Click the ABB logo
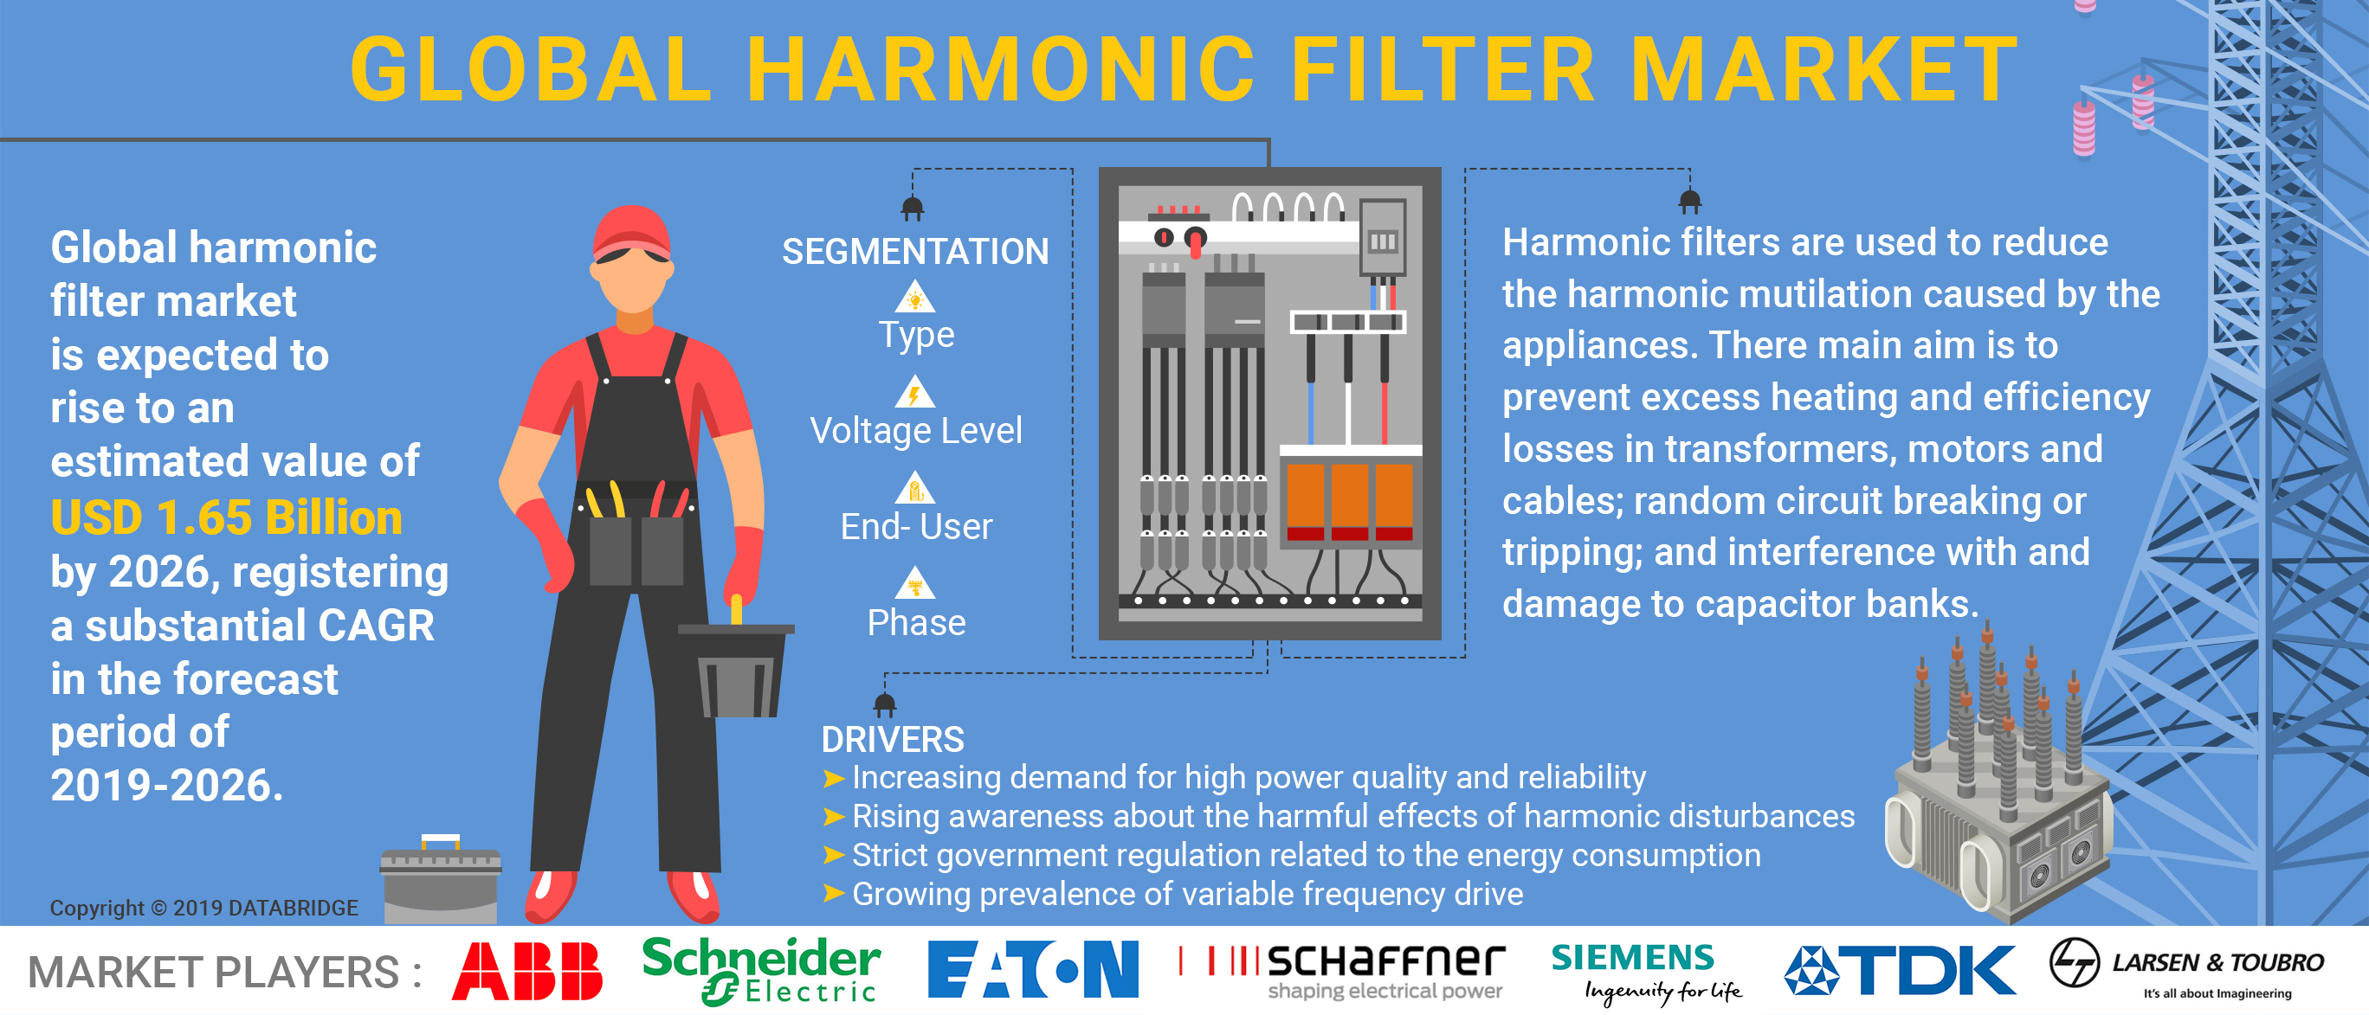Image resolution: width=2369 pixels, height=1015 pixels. (527, 971)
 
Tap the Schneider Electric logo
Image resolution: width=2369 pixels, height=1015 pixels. (760, 971)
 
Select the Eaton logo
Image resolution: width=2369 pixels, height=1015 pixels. (1033, 969)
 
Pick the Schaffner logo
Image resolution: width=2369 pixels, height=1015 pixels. (1343, 971)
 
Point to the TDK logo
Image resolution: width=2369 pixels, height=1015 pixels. (1900, 970)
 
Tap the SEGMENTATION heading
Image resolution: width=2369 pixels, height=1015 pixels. (915, 251)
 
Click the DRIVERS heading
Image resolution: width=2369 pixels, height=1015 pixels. (892, 739)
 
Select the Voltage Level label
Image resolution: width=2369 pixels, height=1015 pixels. (916, 430)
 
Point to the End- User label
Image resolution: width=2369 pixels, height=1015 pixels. (916, 527)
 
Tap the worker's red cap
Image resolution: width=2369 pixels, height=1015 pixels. (632, 233)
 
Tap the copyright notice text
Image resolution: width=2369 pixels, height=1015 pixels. (203, 908)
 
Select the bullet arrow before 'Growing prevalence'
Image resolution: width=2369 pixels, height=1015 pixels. (833, 894)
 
